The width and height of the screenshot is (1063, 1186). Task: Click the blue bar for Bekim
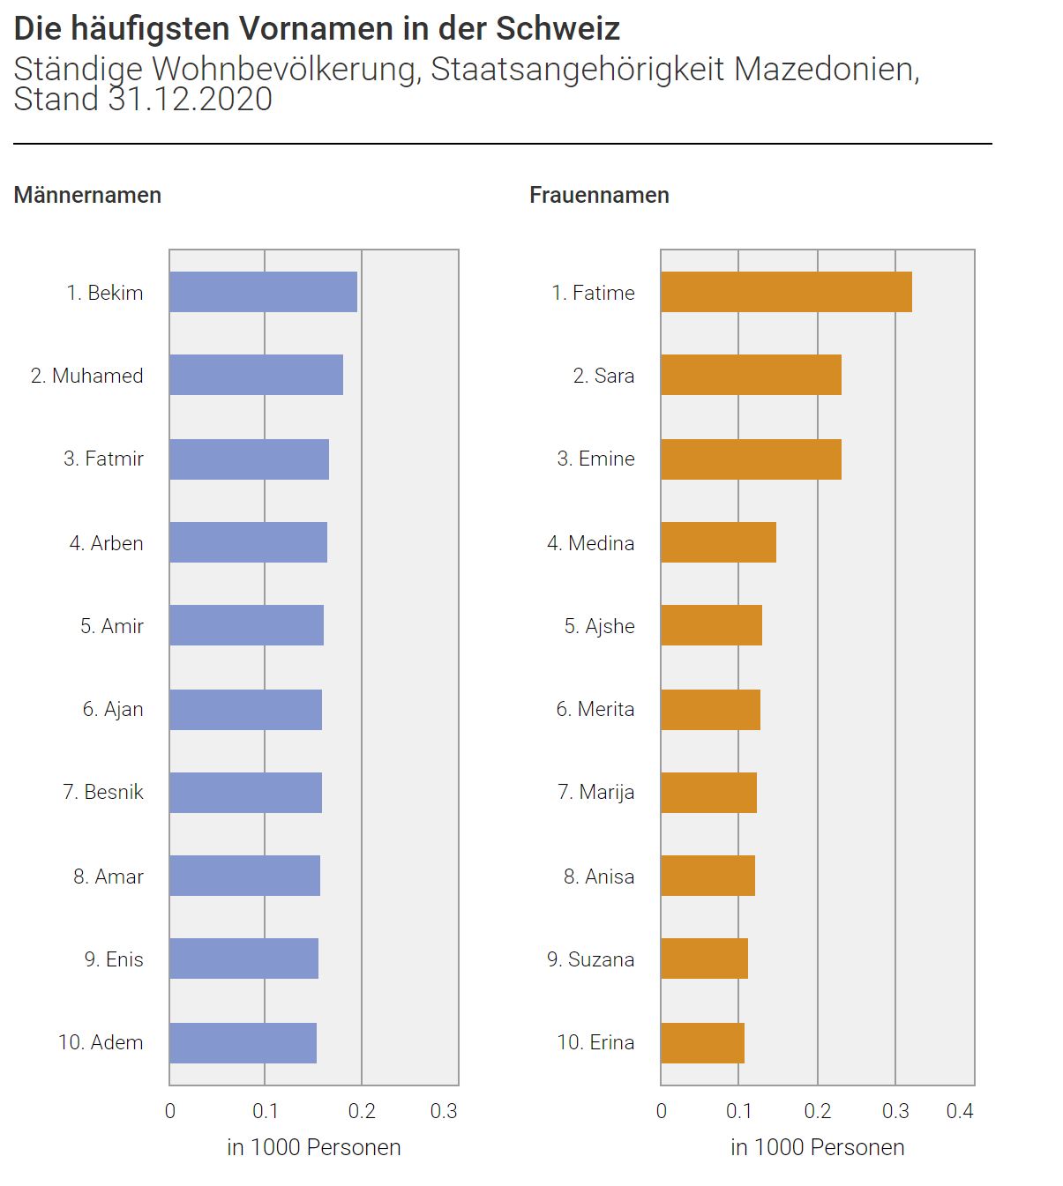[x=263, y=292]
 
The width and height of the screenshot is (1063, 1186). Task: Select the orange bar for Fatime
[x=786, y=292]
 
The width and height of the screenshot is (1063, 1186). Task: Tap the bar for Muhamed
[x=256, y=375]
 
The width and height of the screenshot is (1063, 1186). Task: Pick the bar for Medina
[x=718, y=542]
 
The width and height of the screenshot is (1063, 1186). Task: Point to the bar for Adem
[x=243, y=1042]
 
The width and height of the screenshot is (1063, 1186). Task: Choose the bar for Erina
[x=702, y=1042]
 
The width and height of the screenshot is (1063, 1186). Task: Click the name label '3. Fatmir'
[x=103, y=459]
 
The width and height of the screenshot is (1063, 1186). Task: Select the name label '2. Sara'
[x=603, y=376]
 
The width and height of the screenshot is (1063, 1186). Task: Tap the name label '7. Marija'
[x=595, y=792]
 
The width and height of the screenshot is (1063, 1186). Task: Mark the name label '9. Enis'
[x=114, y=959]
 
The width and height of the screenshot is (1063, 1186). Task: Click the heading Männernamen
[x=87, y=195]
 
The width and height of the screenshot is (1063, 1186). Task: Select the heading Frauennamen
[x=599, y=195]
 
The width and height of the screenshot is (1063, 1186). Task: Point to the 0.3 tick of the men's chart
[x=444, y=1111]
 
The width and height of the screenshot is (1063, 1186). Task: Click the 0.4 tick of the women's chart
[x=960, y=1111]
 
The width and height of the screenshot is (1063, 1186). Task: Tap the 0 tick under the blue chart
[x=170, y=1111]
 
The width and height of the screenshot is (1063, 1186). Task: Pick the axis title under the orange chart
[x=817, y=1147]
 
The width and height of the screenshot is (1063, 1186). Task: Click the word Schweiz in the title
[x=558, y=29]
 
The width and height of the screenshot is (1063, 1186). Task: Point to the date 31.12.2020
[x=191, y=99]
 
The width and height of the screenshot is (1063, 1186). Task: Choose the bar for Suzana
[x=704, y=958]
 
